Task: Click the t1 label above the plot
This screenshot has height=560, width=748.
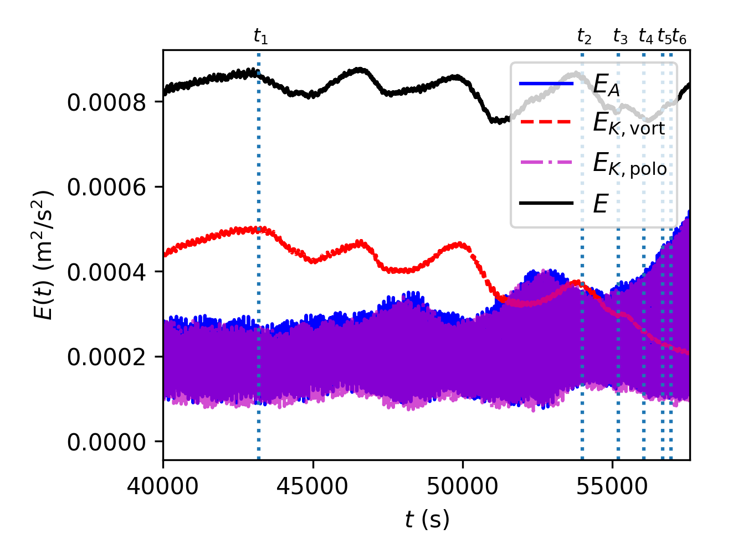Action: pos(260,37)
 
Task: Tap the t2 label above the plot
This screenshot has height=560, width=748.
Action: pos(584,37)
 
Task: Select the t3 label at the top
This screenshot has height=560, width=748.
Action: pos(620,37)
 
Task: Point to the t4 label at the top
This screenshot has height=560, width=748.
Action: pos(645,37)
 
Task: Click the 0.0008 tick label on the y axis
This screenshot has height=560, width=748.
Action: pos(107,102)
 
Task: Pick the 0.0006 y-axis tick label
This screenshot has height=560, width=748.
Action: pos(107,188)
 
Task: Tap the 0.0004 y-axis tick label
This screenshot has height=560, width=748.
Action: pos(107,272)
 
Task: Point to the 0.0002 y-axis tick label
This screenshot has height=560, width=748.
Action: pos(107,357)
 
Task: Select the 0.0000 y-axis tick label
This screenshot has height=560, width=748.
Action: pos(107,442)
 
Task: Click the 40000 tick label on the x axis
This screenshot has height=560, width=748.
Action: pos(163,486)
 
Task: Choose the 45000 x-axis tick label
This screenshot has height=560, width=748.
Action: pos(313,486)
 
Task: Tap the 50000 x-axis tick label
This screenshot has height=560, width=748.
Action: pos(463,486)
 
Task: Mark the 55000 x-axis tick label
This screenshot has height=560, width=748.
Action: pos(612,486)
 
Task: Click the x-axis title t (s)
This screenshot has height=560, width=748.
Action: pos(427,520)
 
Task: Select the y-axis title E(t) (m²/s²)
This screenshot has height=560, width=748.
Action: pos(43,255)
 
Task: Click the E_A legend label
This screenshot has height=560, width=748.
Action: pos(606,85)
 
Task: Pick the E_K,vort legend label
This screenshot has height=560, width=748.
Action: pos(628,124)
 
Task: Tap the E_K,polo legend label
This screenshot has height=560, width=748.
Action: pos(629,164)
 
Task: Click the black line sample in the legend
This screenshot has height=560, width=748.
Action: pos(546,204)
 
